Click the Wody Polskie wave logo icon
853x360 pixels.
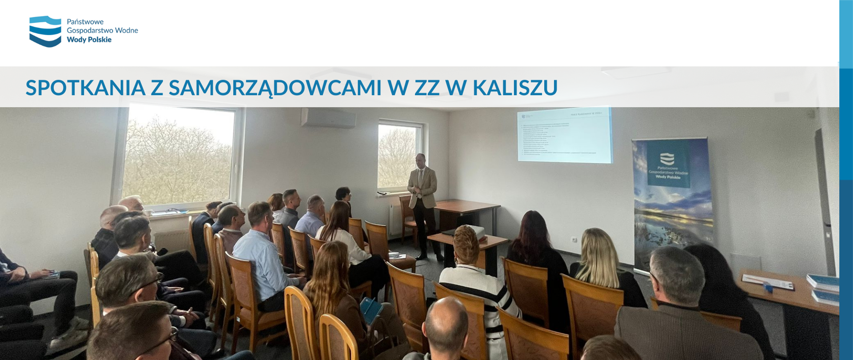45,31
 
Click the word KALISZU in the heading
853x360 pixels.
515,88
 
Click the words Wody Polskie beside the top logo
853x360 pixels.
89,40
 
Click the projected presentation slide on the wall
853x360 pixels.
564,135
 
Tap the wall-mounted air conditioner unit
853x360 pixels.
328,118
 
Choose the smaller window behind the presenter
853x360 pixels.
398,156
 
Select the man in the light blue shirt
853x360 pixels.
262,258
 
